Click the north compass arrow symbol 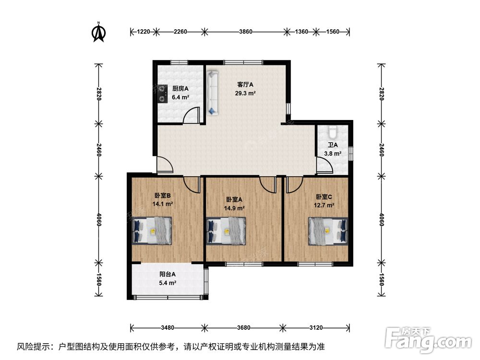(x=99, y=32)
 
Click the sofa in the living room (x=212, y=93)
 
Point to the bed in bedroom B (x=152, y=230)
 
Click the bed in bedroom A (x=226, y=231)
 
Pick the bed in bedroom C (x=328, y=231)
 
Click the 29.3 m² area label (x=245, y=94)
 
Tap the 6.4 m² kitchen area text (x=180, y=97)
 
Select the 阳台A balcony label (x=168, y=274)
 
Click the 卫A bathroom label (x=333, y=145)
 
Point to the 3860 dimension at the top (x=246, y=32)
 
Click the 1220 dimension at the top (x=143, y=32)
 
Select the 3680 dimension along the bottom (x=244, y=328)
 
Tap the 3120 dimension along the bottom (x=316, y=328)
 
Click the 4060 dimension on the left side (x=98, y=219)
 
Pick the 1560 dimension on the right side (x=382, y=279)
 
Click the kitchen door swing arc (x=190, y=114)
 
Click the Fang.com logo (x=428, y=338)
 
